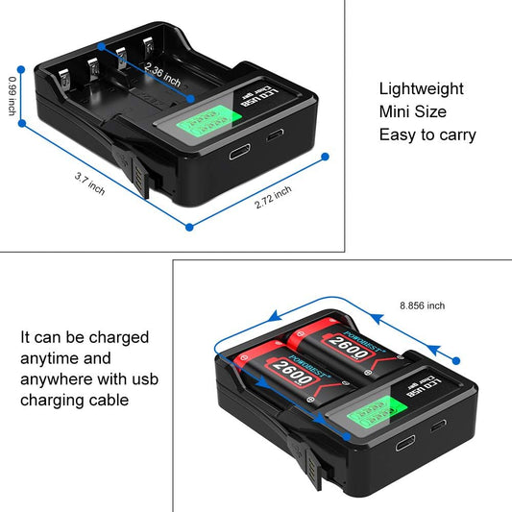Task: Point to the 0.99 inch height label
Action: point(12,96)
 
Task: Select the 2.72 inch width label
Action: point(272,196)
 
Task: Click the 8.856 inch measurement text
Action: point(424,305)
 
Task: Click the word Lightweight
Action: point(421,88)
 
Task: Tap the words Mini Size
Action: point(412,111)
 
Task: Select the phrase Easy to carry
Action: point(427,134)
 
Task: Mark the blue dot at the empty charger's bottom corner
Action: point(189,228)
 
